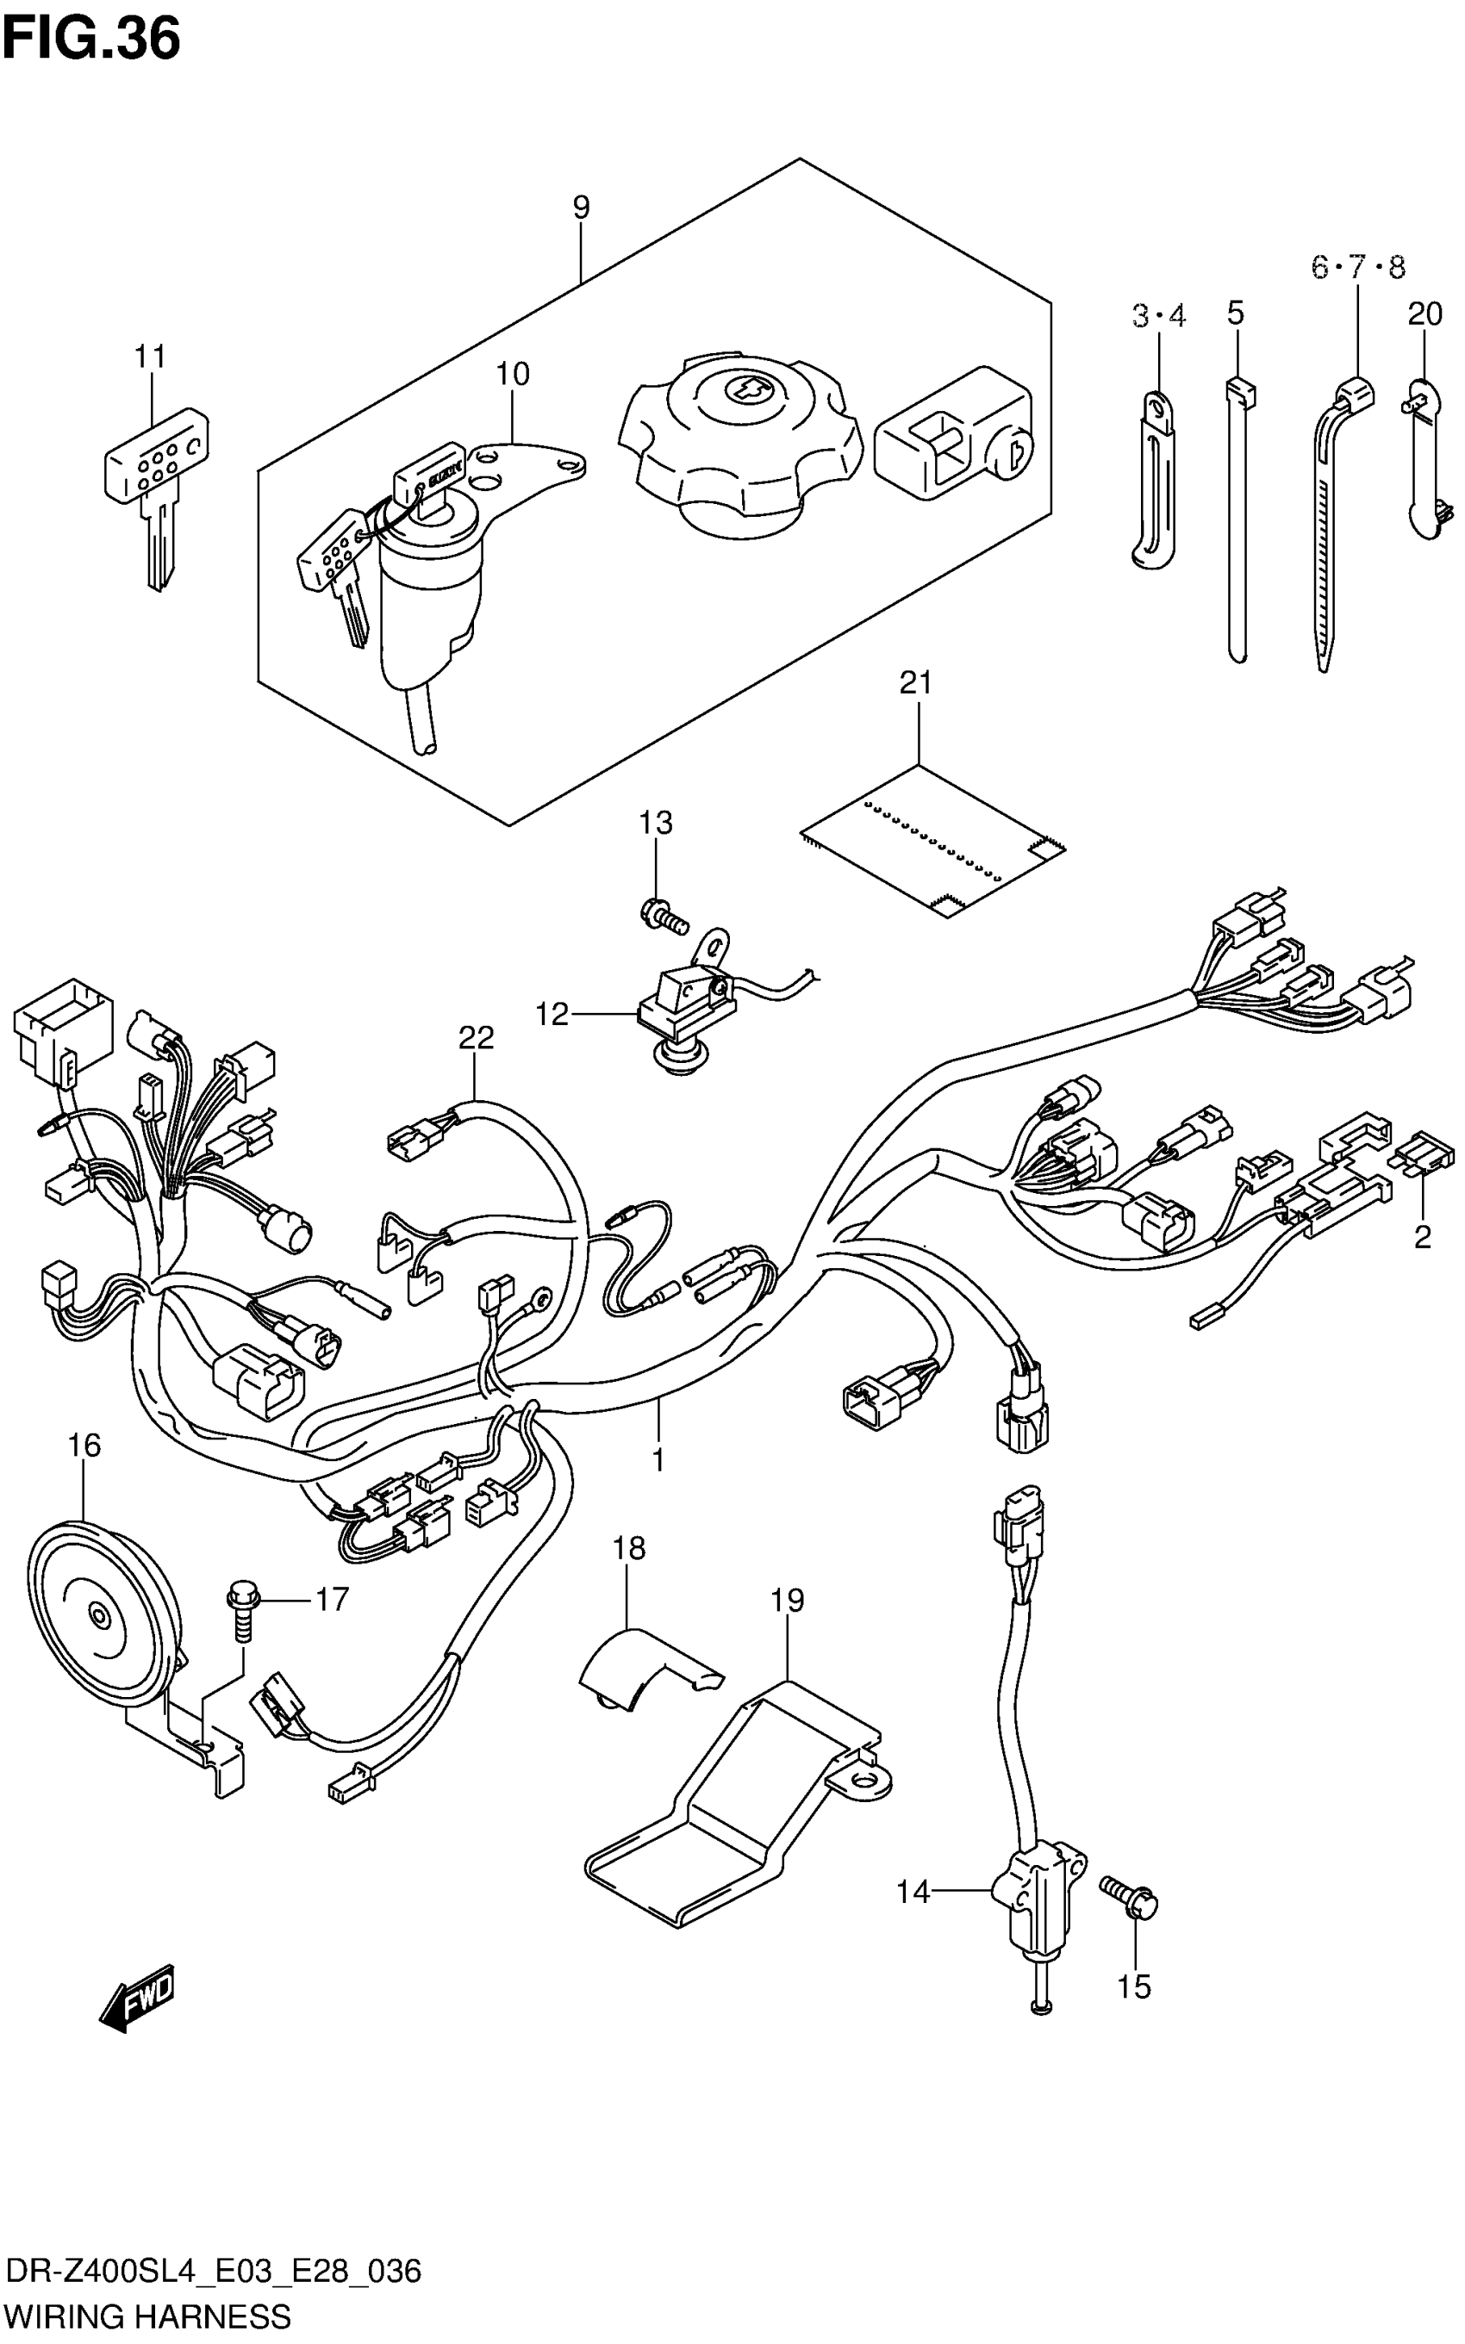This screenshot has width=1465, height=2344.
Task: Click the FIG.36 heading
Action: (91, 40)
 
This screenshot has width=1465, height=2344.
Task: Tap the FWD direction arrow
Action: (137, 2003)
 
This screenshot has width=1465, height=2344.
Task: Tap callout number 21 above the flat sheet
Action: (915, 683)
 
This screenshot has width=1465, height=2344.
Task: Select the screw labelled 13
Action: (664, 911)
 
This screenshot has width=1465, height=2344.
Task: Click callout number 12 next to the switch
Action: (552, 1014)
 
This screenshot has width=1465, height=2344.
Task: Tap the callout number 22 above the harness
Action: (476, 1037)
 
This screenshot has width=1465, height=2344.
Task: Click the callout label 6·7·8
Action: (1357, 266)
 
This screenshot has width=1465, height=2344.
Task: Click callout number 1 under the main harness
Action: (658, 1458)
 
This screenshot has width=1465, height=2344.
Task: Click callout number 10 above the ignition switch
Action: (514, 374)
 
